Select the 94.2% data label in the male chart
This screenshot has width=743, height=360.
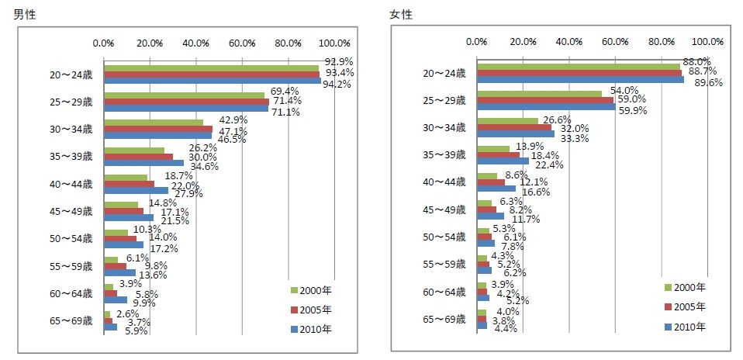coord(337,84)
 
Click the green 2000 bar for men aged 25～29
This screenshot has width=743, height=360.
coord(184,95)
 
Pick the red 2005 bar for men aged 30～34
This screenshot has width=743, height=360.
coord(158,129)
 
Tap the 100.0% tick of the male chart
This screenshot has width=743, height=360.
coord(335,43)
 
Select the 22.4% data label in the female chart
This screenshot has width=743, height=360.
coord(548,165)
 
